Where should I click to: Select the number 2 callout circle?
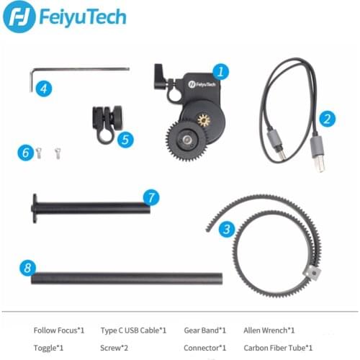(326, 120)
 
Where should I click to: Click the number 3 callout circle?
(227, 230)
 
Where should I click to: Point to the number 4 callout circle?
(45, 89)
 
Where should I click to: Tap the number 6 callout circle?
(26, 153)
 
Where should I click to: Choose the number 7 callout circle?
(150, 197)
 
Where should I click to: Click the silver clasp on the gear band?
(310, 271)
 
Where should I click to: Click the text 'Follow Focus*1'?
(59, 330)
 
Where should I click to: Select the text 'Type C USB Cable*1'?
(133, 330)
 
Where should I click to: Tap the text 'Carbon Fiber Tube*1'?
(278, 347)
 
